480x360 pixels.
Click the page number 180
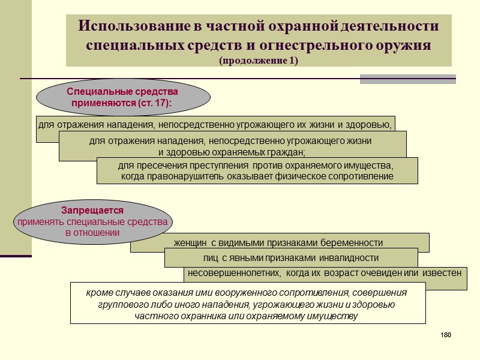click(445, 334)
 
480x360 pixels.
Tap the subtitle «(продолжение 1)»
click(258, 61)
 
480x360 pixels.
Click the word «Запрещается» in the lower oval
click(92, 211)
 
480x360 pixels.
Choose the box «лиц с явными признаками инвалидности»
click(291, 258)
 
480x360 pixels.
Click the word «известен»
click(443, 273)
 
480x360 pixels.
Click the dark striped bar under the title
click(407, 79)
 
